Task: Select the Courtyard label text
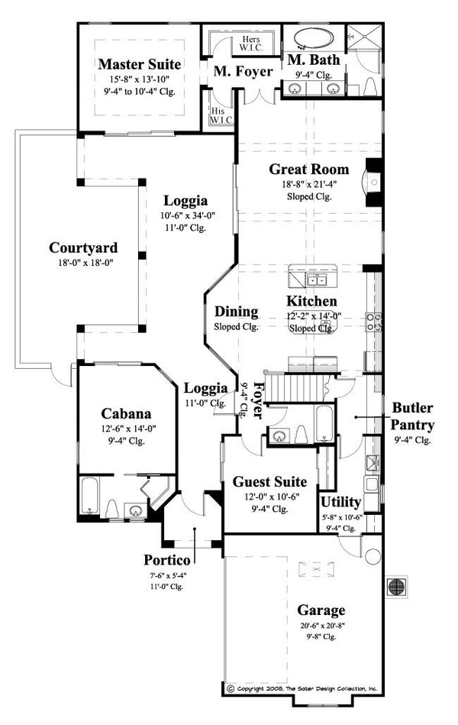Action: coord(83,248)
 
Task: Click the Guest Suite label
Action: coord(269,482)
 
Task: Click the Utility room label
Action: coord(340,502)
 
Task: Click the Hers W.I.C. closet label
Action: coord(230,44)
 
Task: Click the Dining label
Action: coord(236,312)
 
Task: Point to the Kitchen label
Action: coord(311,301)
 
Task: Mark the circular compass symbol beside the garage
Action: coord(397,587)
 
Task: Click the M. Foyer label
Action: coord(237,72)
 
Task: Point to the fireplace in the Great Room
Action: coord(372,182)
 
